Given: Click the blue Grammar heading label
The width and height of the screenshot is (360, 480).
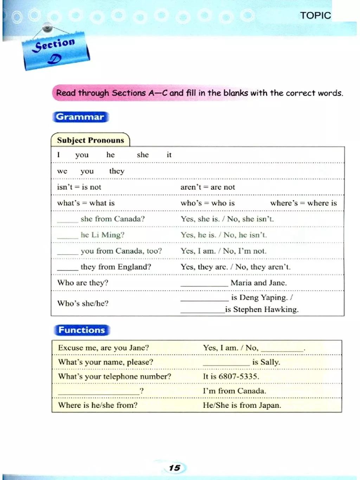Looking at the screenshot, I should pos(80,117).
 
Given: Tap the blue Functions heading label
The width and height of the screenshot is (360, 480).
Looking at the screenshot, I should pos(82,330).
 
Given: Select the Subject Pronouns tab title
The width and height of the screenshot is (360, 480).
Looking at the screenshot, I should pos(90,140).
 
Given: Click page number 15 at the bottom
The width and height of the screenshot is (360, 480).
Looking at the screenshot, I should pos(174,468).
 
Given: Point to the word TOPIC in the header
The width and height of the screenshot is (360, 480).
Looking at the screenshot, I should pos(315,15).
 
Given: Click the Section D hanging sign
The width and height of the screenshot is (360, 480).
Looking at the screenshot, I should pos(56,51).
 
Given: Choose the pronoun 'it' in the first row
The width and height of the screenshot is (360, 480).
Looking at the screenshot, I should pos(169,155).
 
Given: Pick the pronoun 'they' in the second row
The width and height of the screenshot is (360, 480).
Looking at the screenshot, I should pos(117,171).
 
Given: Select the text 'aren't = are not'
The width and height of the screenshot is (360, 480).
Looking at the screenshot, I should pos(207,187).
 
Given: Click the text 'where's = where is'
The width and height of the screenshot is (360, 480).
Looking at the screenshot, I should pos(303,203).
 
